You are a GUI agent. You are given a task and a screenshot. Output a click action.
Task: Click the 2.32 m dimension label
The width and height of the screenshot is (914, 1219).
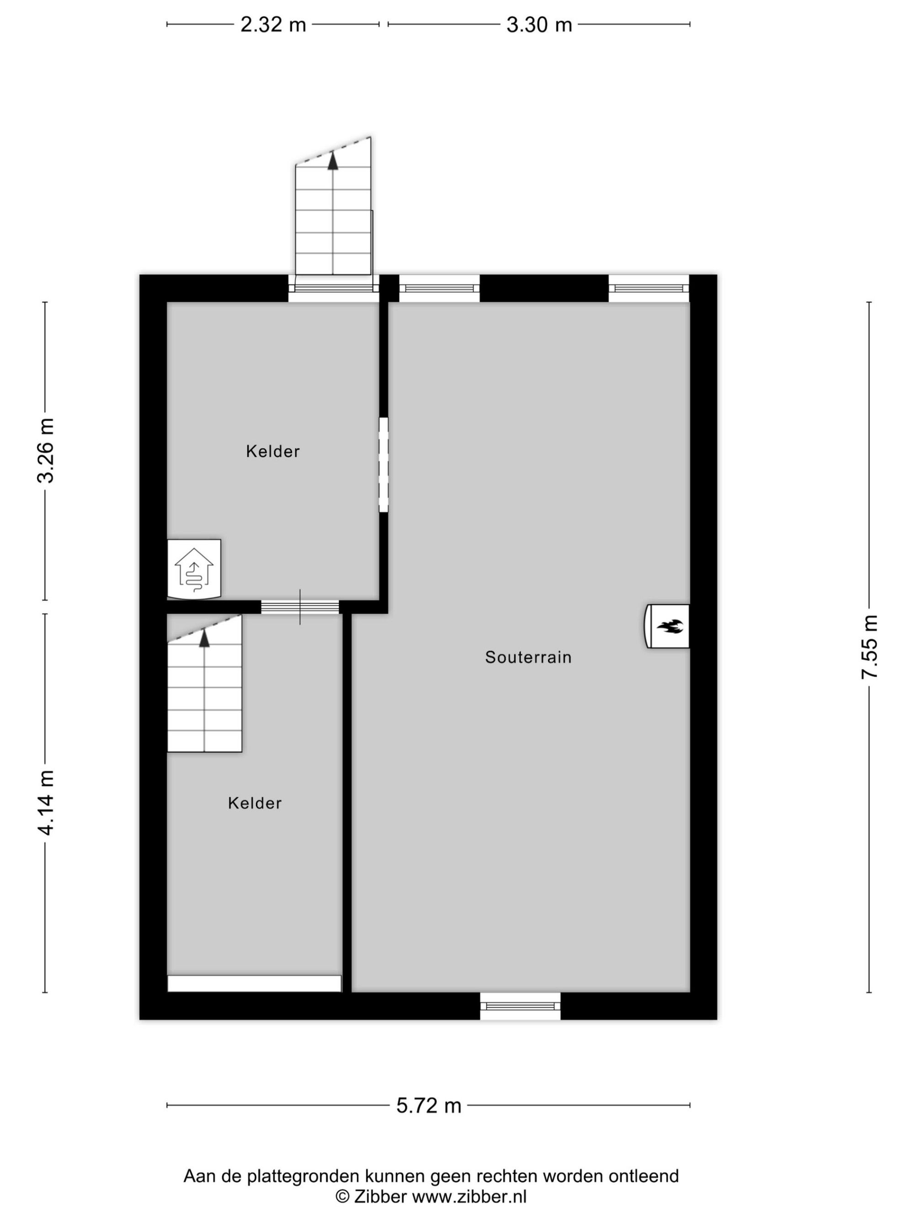pos(273,25)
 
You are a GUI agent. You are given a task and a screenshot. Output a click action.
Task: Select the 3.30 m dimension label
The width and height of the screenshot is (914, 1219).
pos(539,25)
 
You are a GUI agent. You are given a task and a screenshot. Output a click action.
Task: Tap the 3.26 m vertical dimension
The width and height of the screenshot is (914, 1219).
pos(46,451)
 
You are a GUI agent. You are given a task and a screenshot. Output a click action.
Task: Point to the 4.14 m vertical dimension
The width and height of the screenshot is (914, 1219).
pos(46,803)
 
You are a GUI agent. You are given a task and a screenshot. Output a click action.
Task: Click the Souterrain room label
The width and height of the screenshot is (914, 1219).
pos(528,657)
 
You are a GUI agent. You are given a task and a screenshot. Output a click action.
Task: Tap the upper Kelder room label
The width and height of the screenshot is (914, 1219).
pos(273,451)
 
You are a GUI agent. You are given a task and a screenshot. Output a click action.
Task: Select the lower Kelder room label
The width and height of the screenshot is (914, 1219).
pos(255,803)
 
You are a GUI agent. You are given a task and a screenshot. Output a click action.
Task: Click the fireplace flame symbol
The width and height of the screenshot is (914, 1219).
pos(670,626)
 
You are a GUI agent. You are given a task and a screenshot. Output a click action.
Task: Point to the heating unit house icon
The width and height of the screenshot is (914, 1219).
pos(194,569)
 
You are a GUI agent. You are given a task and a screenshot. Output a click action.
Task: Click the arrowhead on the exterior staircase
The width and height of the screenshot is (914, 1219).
pos(333,160)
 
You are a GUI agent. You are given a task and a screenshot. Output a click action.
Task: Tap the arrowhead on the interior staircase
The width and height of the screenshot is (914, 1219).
pos(204,638)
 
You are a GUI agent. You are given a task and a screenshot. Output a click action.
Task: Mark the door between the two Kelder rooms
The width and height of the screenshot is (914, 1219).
pos(300,607)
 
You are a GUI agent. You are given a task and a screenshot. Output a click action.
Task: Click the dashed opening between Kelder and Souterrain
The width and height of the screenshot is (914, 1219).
pos(383,464)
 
